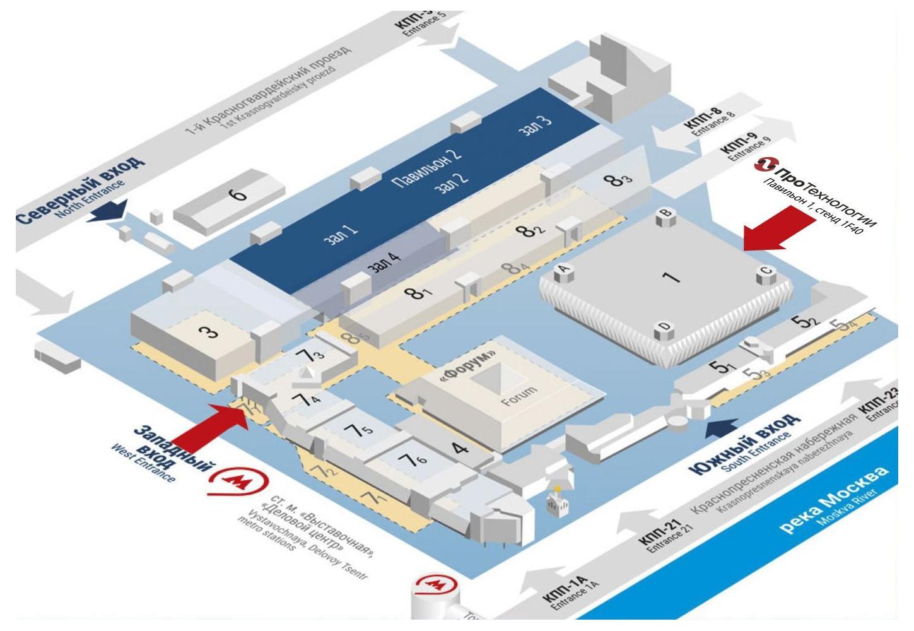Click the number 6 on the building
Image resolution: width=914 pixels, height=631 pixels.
click(x=238, y=194)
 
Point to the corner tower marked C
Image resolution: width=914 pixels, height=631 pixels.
click(x=765, y=273)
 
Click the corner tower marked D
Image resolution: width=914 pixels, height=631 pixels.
click(x=665, y=328)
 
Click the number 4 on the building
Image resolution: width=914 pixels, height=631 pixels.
click(x=461, y=449)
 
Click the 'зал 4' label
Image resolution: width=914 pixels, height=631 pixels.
click(x=384, y=262)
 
